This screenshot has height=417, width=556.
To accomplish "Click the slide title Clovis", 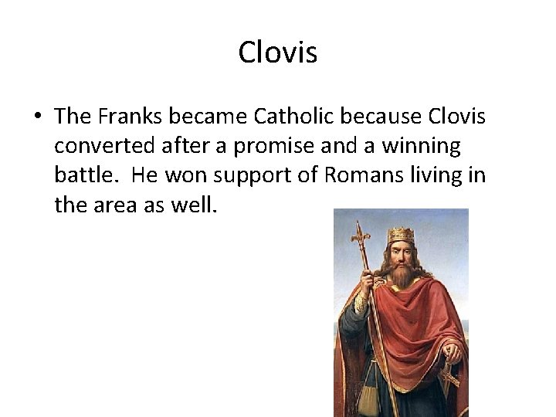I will pos(278,53).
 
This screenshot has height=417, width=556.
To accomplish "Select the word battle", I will pos(85,175).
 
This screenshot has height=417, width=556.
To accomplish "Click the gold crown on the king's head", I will pos(401,233).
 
